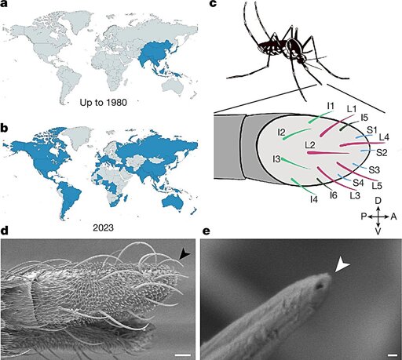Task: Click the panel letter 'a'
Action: pos(5,5)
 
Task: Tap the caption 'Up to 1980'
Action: pos(103,103)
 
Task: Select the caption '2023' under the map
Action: pos(104,228)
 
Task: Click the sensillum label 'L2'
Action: pos(310,146)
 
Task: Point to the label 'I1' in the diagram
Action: pos(331,106)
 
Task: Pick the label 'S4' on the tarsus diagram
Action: pos(358,183)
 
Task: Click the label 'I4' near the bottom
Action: pos(313,200)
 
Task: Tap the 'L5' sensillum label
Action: pos(377,186)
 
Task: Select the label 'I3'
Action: pos(276,158)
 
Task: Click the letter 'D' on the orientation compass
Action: pos(378,201)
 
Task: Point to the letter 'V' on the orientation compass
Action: pos(378,231)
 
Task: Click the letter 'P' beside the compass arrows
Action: pos(364,216)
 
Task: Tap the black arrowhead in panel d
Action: pos(185,254)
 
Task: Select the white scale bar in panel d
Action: pos(183,355)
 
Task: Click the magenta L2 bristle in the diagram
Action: pos(327,153)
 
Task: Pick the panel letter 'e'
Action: pos(206,231)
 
